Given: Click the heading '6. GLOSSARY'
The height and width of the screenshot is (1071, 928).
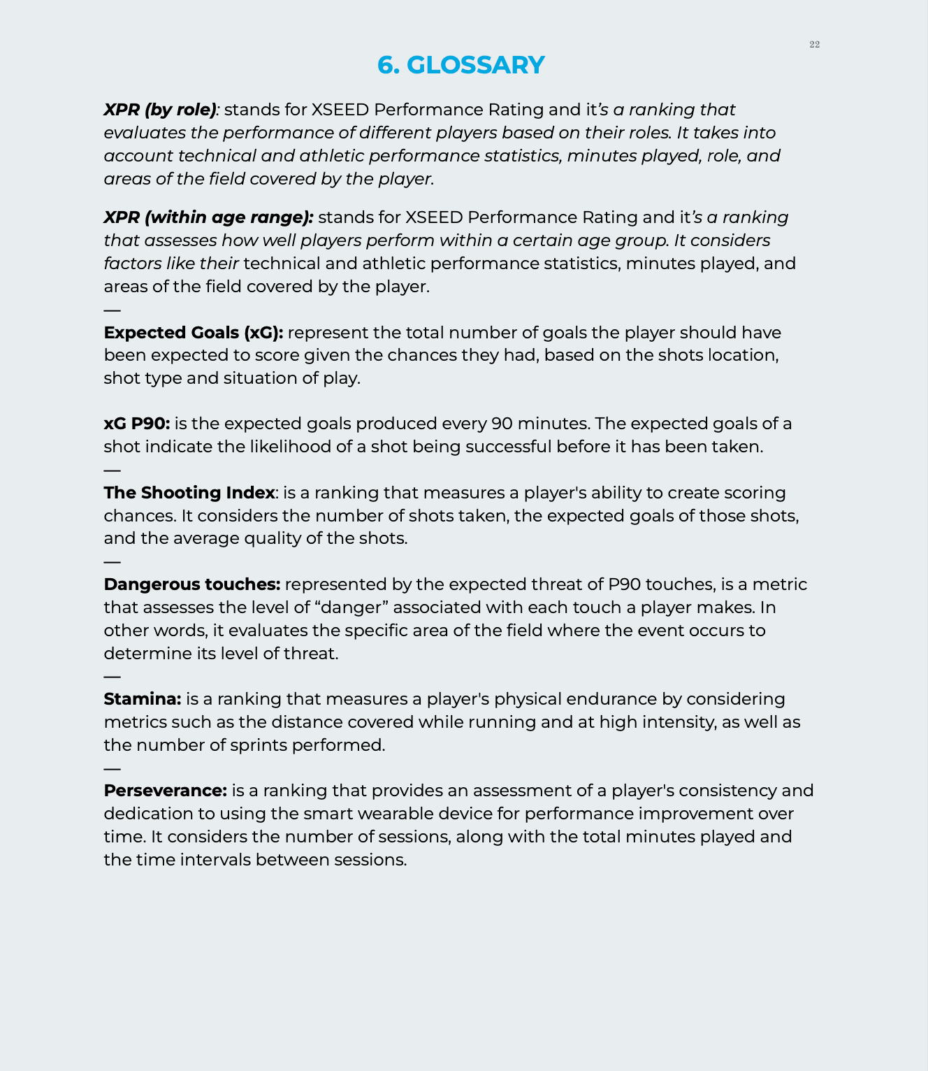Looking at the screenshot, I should [461, 65].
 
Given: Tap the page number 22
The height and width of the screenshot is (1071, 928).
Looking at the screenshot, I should [814, 45].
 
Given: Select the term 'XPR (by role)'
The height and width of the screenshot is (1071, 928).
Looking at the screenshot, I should [160, 110].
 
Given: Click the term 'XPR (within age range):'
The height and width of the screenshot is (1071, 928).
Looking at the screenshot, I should [208, 217].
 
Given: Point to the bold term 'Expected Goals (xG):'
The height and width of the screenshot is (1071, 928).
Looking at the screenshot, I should [194, 333].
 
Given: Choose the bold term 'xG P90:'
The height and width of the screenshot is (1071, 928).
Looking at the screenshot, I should [137, 424].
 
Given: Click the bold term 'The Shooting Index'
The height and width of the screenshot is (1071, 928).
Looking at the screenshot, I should [189, 493].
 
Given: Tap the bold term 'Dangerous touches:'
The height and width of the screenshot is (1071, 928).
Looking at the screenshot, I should [192, 584].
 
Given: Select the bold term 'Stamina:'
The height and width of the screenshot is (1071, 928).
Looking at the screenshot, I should [143, 699].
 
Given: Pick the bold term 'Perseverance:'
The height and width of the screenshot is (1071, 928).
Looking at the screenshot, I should [166, 791].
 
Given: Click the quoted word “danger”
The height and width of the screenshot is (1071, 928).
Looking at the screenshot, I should [349, 608].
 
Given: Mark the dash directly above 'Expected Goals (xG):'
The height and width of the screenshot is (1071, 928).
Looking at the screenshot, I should [112, 310].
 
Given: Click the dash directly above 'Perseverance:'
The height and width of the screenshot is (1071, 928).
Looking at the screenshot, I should [112, 768].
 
